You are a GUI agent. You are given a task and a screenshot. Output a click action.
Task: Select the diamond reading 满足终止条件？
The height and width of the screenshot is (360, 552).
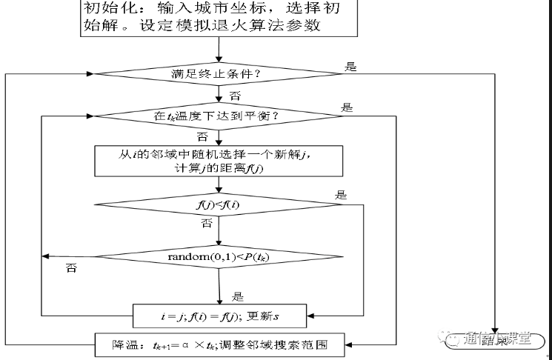[220, 74]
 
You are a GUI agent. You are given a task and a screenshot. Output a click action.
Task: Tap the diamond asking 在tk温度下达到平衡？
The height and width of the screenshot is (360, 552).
[220, 116]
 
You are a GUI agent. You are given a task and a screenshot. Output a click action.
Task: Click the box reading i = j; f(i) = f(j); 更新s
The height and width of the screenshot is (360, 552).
[220, 317]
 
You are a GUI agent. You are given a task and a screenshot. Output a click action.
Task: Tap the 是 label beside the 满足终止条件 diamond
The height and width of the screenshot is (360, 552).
[351, 67]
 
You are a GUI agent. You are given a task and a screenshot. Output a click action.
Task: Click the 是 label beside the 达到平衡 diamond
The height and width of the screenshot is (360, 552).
[347, 107]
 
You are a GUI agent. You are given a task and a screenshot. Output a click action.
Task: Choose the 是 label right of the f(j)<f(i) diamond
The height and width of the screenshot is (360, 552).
[342, 196]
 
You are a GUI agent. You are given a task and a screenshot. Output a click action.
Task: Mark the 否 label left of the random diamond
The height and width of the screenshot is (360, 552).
[73, 267]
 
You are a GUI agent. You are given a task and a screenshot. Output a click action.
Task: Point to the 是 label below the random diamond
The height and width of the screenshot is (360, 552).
[239, 296]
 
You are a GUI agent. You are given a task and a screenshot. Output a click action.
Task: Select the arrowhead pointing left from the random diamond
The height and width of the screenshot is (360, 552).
[46, 256]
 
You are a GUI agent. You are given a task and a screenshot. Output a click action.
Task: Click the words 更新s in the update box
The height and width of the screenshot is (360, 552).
[272, 317]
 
